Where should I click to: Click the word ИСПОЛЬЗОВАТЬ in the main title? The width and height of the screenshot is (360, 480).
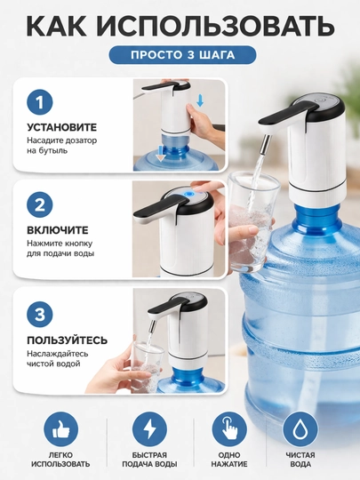coord(217,27)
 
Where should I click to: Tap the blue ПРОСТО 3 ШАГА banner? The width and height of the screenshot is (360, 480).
coord(183,55)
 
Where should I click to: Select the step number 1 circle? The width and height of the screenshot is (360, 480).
coord(40,102)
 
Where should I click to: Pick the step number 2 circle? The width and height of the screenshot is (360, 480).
coord(40,204)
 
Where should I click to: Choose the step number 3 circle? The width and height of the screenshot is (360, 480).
coord(40,315)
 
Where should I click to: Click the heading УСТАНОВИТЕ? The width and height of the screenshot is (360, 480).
coord(62,127)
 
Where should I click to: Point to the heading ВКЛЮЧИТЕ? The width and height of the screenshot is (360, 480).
coord(58,230)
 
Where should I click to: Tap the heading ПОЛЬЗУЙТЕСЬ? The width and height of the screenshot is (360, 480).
coord(68,340)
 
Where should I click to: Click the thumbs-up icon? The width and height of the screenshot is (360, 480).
coord(61,429)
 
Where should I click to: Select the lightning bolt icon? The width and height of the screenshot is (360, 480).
coord(149,429)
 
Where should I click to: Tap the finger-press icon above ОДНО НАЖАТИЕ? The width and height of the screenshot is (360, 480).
coord(229,429)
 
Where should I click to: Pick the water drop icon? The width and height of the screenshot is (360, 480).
coord(300,429)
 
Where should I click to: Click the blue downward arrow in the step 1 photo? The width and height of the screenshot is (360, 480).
coord(200,100)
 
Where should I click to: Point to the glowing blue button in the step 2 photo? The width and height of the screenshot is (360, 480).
coord(189,194)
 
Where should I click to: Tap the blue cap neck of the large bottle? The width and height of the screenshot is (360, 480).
coord(316,219)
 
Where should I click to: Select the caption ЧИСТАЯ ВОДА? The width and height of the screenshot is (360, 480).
coord(300,460)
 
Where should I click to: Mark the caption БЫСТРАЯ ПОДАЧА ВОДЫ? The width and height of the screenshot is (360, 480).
coord(149,460)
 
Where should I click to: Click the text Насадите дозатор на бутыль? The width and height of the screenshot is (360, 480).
coord(62,146)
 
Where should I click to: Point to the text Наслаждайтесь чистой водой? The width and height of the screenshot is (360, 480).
coord(58,359)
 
